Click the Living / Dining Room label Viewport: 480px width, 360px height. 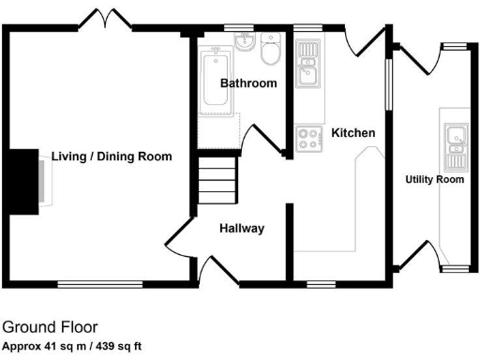(x=112, y=157)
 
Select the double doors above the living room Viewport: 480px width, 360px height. (x=103, y=19)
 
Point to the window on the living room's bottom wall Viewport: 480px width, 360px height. (x=100, y=282)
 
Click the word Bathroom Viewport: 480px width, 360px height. (x=248, y=83)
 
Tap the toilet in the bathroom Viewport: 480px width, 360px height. (x=271, y=52)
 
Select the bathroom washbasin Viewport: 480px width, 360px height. (x=245, y=42)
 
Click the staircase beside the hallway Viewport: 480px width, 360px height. (x=216, y=182)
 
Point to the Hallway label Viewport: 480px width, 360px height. (x=241, y=228)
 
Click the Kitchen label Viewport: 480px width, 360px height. (x=353, y=133)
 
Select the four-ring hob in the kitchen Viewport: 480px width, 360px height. (x=307, y=139)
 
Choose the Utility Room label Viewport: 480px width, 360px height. (x=434, y=179)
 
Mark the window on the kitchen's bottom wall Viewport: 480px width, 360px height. (x=322, y=282)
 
